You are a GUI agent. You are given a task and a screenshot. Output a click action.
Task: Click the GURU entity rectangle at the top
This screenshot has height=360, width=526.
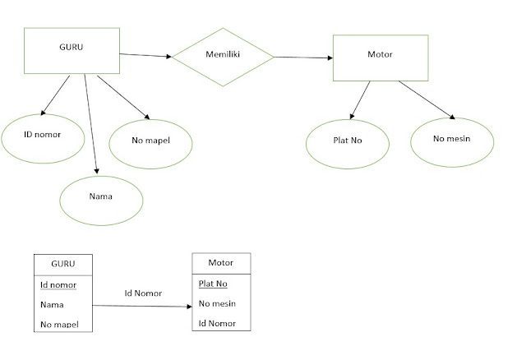[72, 49]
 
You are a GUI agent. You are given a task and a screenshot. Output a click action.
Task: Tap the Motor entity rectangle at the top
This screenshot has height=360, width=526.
[381, 57]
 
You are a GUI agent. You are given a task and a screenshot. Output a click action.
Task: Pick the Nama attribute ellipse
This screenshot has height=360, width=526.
[101, 198]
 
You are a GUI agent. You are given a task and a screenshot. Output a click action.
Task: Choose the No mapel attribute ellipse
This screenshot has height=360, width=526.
[150, 141]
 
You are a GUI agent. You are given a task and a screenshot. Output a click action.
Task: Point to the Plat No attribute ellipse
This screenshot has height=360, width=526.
[347, 141]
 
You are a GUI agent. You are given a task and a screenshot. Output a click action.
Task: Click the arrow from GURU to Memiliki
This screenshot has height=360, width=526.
[145, 55]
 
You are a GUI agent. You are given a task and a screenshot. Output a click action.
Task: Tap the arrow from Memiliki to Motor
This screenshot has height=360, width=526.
[302, 58]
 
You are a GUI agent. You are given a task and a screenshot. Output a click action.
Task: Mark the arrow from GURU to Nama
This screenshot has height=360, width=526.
[92, 123]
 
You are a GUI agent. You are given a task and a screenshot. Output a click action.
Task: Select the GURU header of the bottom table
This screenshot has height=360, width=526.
[63, 264]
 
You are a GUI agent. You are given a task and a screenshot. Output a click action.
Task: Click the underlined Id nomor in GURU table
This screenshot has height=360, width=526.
[58, 284]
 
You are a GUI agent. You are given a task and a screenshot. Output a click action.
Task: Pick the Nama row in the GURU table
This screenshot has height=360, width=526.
[51, 304]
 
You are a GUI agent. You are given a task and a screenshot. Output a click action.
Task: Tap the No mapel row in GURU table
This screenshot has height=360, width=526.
[59, 324]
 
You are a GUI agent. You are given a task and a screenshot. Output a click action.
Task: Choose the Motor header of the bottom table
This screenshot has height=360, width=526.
[220, 263]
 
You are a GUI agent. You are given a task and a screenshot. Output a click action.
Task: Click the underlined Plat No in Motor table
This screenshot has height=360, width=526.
[213, 284]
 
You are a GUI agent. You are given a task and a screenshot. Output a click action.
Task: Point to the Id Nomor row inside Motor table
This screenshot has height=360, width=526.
[217, 323]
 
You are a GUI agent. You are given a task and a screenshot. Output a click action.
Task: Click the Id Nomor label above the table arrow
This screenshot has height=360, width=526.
[143, 293]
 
